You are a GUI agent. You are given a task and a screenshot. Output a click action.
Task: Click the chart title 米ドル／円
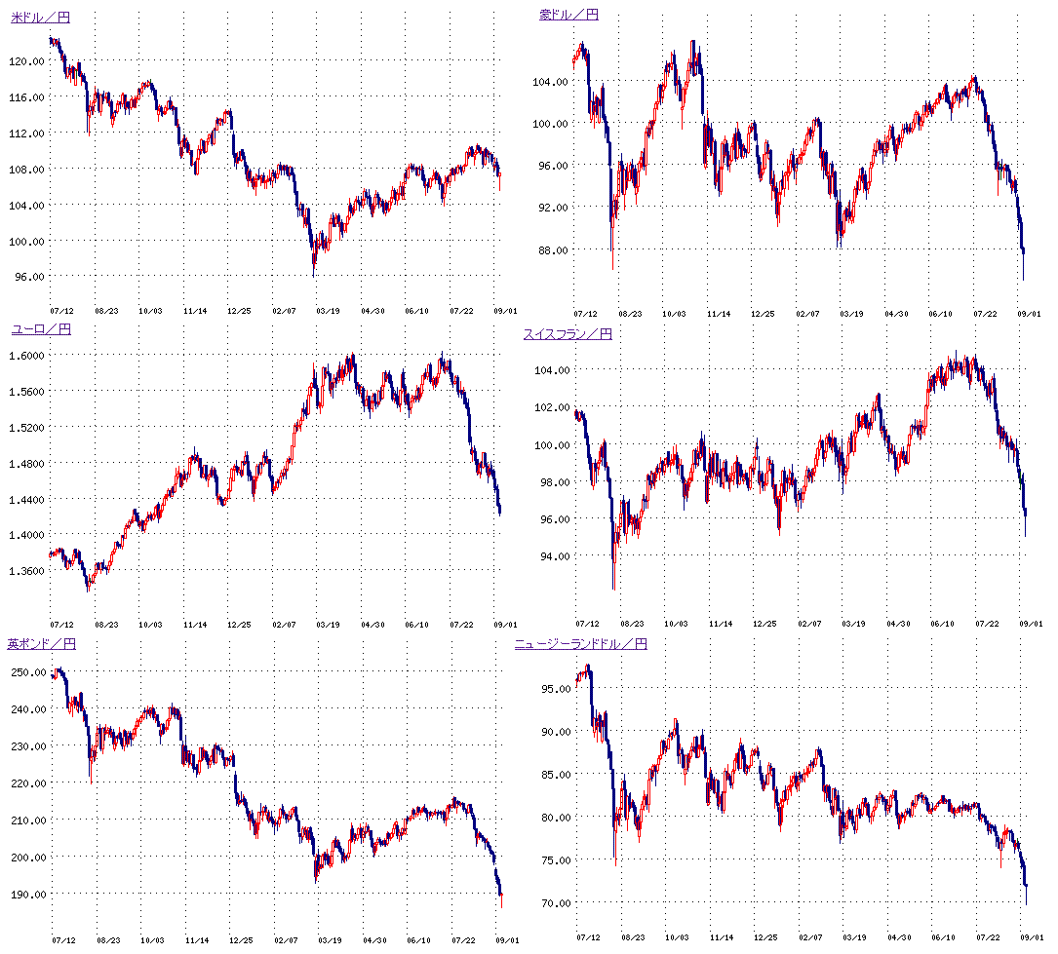40,18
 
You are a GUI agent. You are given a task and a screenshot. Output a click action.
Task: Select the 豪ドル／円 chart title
568,15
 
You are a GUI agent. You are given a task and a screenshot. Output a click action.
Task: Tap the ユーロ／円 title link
41,329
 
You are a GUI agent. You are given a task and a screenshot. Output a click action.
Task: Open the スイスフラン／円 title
568,334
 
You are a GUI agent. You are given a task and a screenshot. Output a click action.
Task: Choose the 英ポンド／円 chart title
41,644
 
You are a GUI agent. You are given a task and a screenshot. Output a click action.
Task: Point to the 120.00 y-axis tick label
29,60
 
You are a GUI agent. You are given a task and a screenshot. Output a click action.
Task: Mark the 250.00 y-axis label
29,672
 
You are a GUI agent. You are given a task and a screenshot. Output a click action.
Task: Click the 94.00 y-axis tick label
556,556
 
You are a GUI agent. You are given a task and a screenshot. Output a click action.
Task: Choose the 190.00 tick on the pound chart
29,894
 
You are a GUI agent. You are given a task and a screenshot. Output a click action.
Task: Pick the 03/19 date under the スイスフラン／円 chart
853,623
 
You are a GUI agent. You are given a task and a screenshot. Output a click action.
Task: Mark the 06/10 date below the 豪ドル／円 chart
940,315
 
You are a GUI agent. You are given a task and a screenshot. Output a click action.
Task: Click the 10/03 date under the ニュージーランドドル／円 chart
675,937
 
